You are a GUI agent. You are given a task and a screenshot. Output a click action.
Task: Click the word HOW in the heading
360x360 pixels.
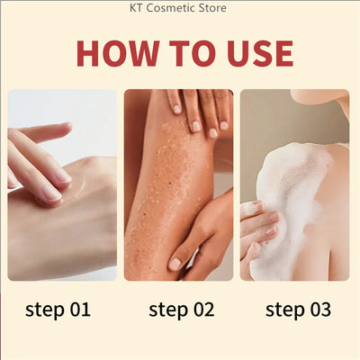tap(118, 53)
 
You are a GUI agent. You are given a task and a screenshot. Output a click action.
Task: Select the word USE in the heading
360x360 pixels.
tap(260, 53)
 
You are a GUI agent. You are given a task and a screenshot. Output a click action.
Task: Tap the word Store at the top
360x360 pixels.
tap(214, 8)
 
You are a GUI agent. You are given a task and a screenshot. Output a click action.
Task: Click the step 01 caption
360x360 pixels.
tap(58, 310)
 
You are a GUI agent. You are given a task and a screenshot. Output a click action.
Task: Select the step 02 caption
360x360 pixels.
tap(182, 310)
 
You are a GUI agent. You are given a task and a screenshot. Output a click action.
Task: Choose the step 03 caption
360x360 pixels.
tap(298, 310)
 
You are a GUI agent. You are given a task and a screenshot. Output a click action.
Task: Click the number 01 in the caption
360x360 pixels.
tap(80, 310)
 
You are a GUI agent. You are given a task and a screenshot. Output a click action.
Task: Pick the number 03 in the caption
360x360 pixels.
tap(320, 310)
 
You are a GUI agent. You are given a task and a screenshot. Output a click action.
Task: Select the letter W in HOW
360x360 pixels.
tap(142, 53)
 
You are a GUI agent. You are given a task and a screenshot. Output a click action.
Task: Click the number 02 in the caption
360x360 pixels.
tap(204, 310)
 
